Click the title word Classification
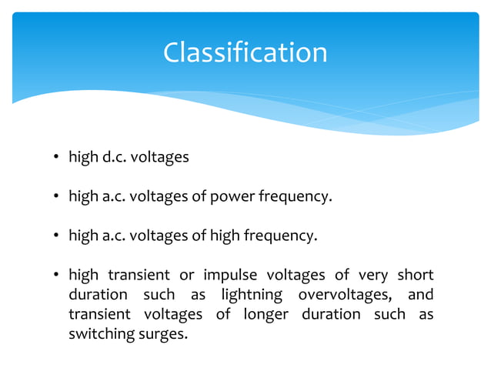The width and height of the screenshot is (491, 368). click(x=245, y=52)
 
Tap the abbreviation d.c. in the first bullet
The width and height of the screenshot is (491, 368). click(x=114, y=158)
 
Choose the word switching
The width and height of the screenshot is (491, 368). click(x=99, y=334)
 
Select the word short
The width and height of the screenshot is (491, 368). click(x=415, y=276)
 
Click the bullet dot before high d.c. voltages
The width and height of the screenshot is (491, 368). click(x=56, y=159)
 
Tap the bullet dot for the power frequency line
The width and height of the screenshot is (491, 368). click(x=56, y=197)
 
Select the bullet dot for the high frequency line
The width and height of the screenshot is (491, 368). click(x=56, y=236)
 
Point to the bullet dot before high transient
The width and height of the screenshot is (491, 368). click(x=56, y=276)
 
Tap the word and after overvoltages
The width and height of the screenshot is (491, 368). click(x=420, y=295)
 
